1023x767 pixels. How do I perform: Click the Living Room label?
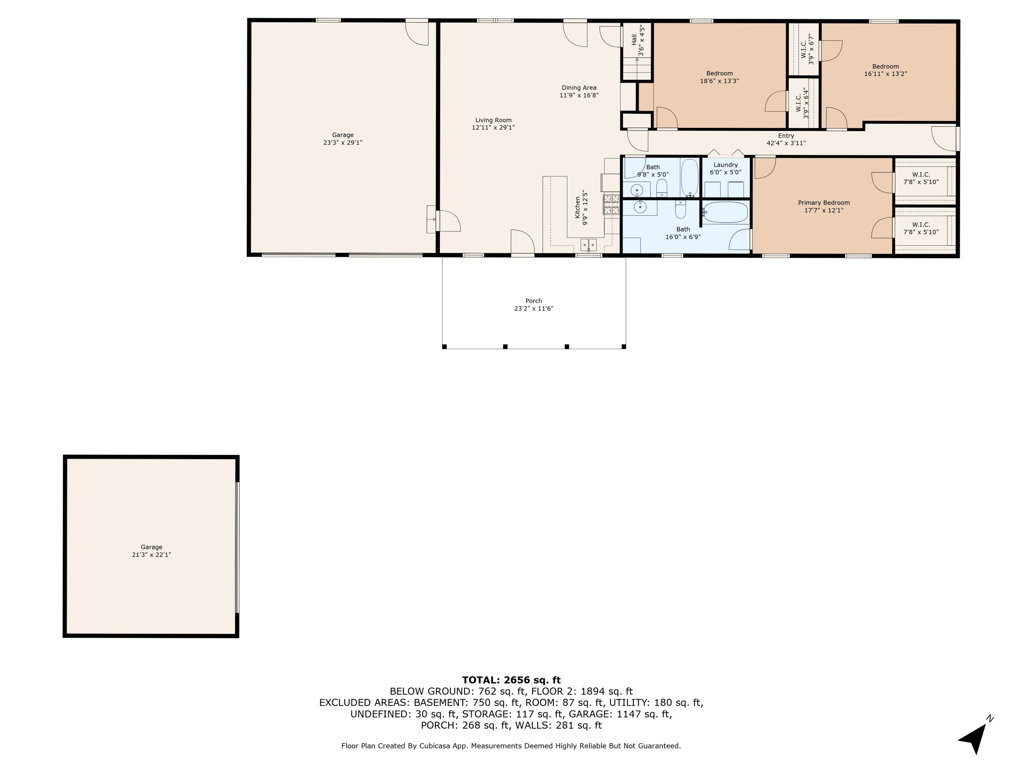[493, 120]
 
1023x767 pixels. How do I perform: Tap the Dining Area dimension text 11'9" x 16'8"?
[579, 95]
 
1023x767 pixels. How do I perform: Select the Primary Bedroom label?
[824, 202]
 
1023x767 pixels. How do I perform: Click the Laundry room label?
[725, 165]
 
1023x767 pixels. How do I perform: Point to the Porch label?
[533, 301]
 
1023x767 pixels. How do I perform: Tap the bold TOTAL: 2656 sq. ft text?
[511, 680]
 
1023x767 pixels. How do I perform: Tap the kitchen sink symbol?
[589, 244]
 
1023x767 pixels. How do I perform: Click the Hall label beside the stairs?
[634, 40]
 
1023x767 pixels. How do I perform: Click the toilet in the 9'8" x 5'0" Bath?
[662, 187]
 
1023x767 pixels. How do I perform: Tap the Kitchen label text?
[578, 207]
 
